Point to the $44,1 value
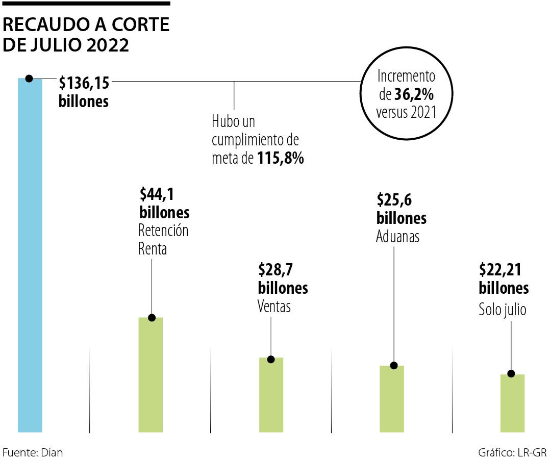[x=157, y=194]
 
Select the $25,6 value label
[x=394, y=199]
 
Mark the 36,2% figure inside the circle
[x=414, y=94]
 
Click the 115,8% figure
[x=280, y=159]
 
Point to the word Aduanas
[x=398, y=237]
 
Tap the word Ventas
[x=274, y=307]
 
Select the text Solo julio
[x=502, y=310]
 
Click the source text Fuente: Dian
[x=33, y=452]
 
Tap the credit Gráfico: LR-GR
[x=512, y=452]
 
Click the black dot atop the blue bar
[x=29, y=79]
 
